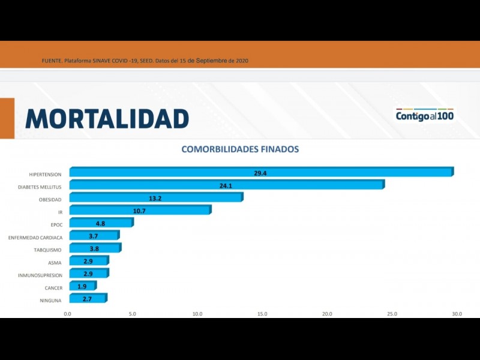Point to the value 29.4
point(260,173)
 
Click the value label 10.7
point(139,211)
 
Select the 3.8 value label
point(94,248)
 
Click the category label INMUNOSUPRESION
point(40,275)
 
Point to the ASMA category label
point(55,263)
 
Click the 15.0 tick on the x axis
point(262,313)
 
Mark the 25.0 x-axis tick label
point(392,313)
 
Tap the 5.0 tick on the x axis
point(132,313)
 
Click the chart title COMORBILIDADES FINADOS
point(240,149)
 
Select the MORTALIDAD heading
point(107,118)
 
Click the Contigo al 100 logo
point(424,115)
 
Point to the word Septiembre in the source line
point(211,61)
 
